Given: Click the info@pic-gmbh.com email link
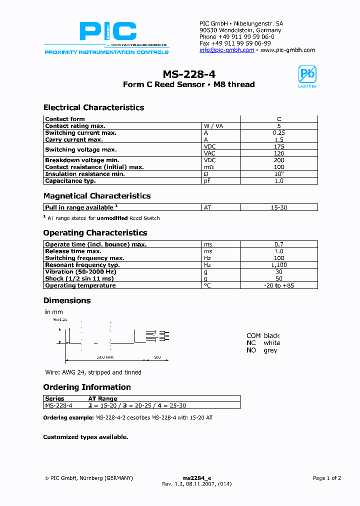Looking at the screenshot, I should click(x=226, y=50).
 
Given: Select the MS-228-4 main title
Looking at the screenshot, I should click(x=189, y=74).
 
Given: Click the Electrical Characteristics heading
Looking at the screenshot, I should click(x=93, y=107).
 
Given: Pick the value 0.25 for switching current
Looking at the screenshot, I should click(x=278, y=133).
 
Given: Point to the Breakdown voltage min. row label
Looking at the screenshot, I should click(x=82, y=160).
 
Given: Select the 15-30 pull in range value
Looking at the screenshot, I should click(x=278, y=207).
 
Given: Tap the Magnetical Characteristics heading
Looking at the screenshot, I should click(x=97, y=196).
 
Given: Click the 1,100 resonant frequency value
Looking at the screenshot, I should click(x=278, y=265).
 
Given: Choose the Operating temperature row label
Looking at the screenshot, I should click(x=80, y=285).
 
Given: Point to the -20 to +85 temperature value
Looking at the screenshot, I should click(x=278, y=285).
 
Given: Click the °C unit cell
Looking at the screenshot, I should click(x=207, y=285).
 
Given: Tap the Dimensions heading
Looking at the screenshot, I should click(x=67, y=300).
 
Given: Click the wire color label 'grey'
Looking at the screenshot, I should click(x=270, y=350).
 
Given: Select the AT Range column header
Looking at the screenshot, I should click(x=102, y=398).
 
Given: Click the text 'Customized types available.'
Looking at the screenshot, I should click(x=85, y=437).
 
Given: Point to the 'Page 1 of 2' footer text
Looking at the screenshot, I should click(x=326, y=478).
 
